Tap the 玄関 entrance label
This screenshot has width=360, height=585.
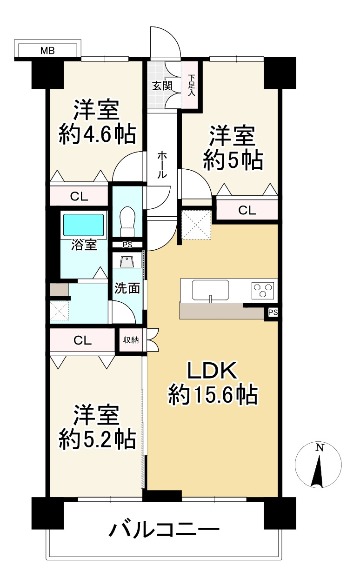click(x=162, y=86)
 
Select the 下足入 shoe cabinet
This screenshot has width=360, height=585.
click(x=191, y=86)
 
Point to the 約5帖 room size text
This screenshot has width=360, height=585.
click(x=233, y=160)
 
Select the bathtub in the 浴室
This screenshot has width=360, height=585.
click(x=84, y=225)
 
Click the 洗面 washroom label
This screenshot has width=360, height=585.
click(x=127, y=288)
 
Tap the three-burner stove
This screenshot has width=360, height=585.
click(x=263, y=290)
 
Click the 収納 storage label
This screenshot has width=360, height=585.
click(x=131, y=340)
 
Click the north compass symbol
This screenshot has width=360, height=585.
click(x=319, y=465)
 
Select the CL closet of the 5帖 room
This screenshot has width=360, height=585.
click(x=247, y=210)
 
